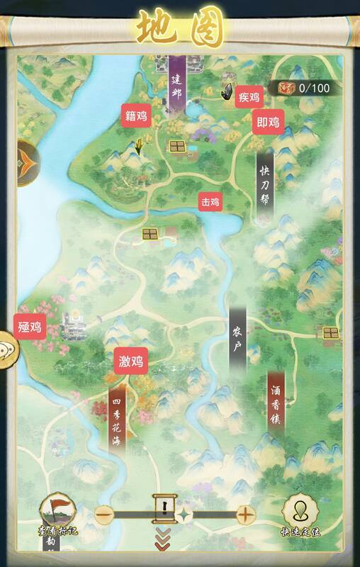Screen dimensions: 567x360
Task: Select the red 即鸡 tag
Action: pyautogui.click(x=268, y=123)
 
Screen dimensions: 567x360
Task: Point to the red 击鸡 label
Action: pyautogui.click(x=210, y=202)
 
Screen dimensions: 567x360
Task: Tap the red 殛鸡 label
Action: pyautogui.click(x=30, y=327)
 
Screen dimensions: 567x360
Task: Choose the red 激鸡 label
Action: pyautogui.click(x=131, y=362)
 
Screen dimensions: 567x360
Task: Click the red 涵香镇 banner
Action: pyautogui.click(x=276, y=404)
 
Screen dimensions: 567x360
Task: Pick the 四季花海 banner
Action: pyautogui.click(x=117, y=418)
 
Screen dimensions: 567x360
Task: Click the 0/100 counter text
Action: pyautogui.click(x=314, y=88)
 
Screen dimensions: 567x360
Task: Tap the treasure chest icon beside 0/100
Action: pyautogui.click(x=286, y=88)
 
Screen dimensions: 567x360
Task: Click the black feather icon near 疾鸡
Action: pyautogui.click(x=229, y=92)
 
